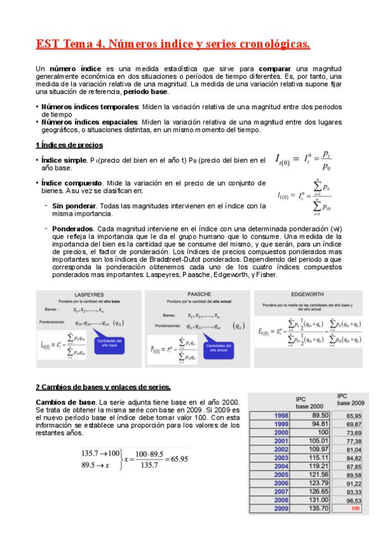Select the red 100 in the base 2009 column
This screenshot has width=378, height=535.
(356, 509)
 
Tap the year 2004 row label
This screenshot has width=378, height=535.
(281, 466)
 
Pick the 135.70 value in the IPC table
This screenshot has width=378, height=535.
(318, 509)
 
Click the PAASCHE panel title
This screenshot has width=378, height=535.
(198, 294)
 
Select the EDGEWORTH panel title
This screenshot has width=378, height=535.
(308, 295)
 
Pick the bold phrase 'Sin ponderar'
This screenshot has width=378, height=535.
(74, 206)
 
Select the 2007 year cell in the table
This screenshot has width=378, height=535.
(281, 491)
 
